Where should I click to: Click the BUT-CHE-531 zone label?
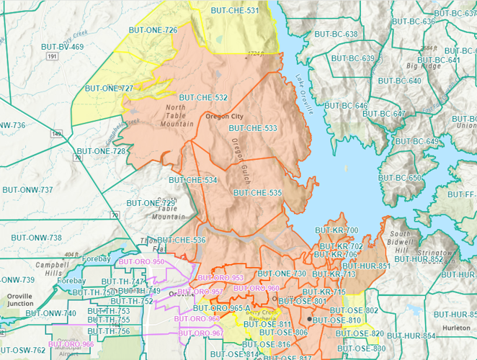tap(234, 11)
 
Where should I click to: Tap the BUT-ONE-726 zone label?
tap(151, 30)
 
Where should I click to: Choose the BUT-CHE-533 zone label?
tap(252, 128)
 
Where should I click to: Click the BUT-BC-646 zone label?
tap(346, 106)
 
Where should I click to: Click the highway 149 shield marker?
tap(55, 133)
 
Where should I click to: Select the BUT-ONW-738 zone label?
tap(36, 237)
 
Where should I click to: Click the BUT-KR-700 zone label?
tap(336, 230)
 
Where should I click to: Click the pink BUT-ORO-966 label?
tap(73, 345)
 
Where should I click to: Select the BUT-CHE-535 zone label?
tap(257, 193)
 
